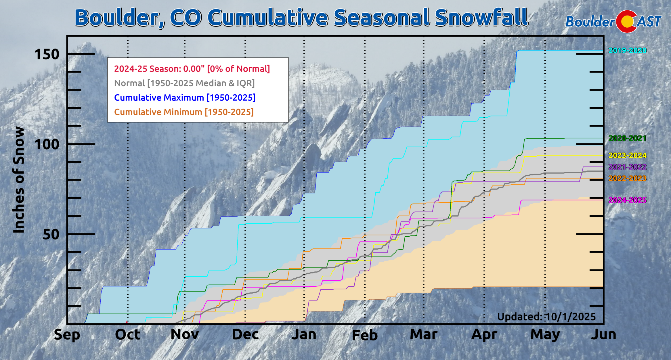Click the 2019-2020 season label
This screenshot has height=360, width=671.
click(627, 51)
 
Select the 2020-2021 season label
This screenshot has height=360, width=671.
click(627, 138)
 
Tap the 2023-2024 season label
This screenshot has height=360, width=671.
click(627, 156)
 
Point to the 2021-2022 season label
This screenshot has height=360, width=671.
click(627, 167)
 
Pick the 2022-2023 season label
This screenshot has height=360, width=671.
click(627, 179)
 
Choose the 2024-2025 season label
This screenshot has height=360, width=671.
click(627, 200)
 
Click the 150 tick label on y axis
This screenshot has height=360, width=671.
click(47, 54)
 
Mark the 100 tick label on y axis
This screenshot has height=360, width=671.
click(47, 144)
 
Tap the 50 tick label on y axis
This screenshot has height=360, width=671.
click(51, 235)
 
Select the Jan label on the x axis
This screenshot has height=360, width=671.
click(304, 335)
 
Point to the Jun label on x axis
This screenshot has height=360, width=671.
click(603, 335)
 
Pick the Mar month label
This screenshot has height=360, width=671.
click(424, 335)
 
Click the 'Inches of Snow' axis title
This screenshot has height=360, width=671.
click(19, 180)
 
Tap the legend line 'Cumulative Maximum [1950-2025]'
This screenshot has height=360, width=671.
click(185, 98)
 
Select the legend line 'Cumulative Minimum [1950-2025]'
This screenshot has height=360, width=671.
click(184, 112)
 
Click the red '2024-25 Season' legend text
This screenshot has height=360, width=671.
click(192, 69)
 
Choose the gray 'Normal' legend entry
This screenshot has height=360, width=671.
click(184, 83)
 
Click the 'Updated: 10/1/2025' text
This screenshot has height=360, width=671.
click(546, 317)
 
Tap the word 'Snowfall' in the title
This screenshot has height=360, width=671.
click(481, 18)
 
